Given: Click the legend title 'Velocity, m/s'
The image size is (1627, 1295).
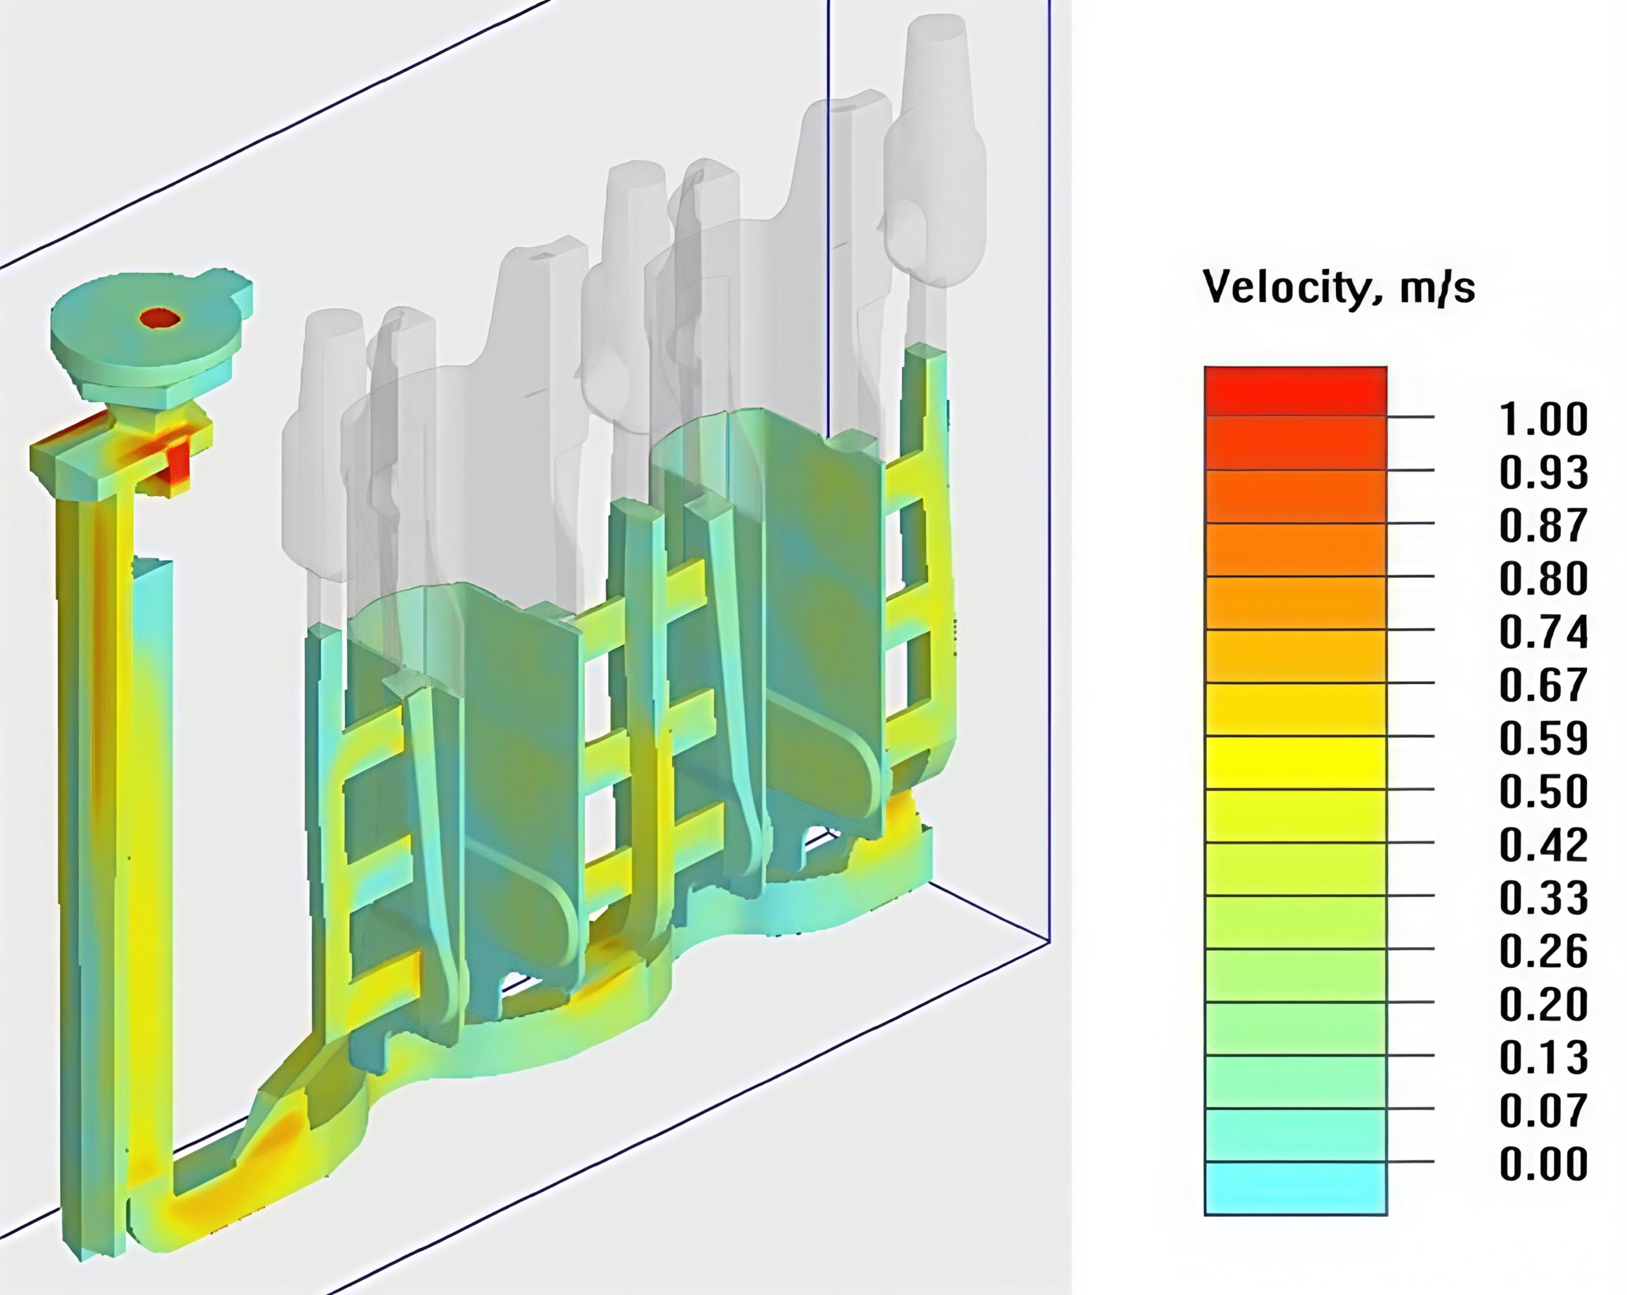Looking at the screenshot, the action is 1338,287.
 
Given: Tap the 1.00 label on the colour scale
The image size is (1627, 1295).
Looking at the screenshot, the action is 1543,419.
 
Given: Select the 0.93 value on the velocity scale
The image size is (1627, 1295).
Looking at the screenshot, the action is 1543,472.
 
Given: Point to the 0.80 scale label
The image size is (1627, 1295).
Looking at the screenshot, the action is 1543,579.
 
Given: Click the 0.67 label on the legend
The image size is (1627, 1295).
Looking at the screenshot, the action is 1543,685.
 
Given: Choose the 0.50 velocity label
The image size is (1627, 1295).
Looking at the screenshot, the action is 1543,791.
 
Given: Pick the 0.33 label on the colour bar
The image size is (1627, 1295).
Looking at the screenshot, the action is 1543,898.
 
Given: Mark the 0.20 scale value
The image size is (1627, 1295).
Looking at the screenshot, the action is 1543,1004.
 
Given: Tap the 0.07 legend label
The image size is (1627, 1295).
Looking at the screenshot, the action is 1543,1111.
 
